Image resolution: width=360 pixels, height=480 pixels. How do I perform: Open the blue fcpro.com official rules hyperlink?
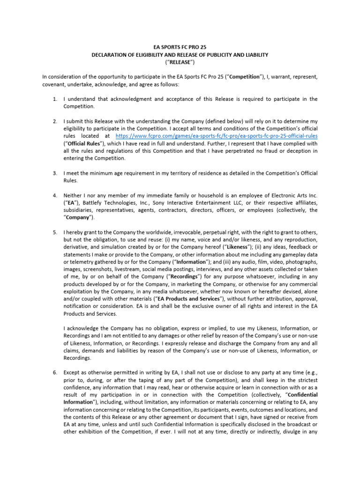217,135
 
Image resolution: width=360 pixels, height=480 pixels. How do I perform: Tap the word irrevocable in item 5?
173,232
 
